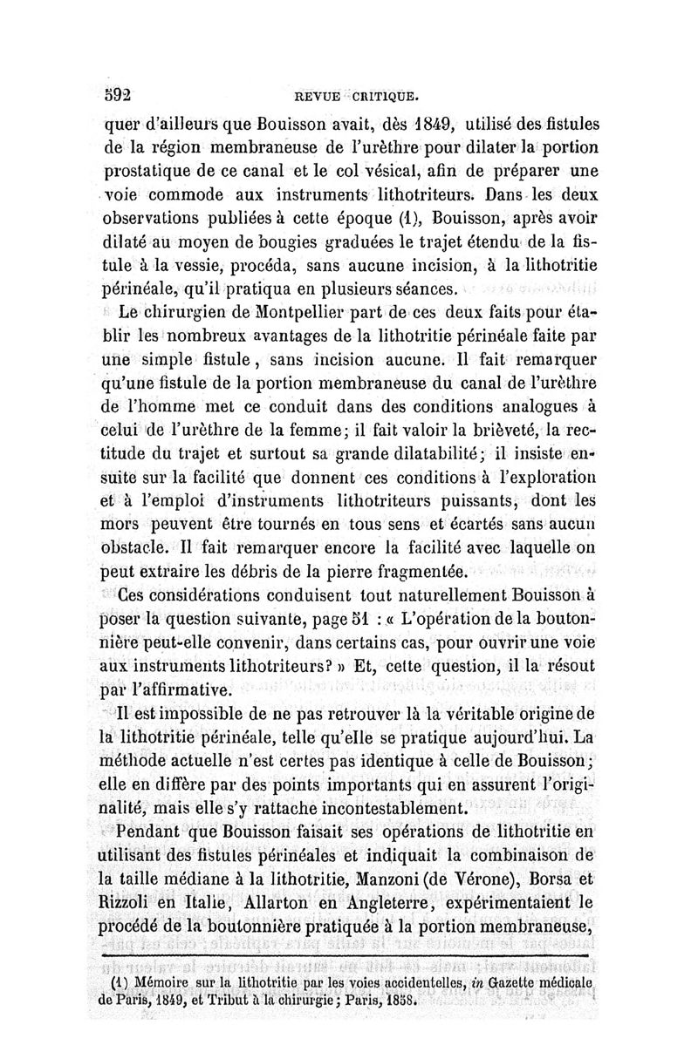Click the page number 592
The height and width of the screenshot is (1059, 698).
(117, 91)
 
